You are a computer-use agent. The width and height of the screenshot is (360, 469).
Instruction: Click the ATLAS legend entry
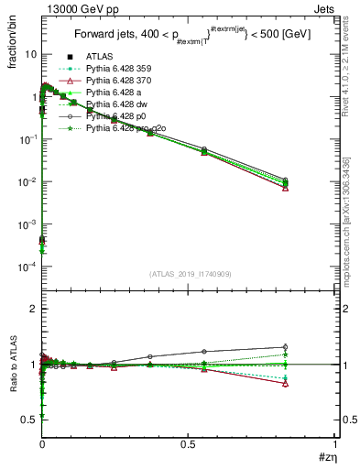100,58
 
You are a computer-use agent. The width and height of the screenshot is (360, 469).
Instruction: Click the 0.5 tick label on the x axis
189,444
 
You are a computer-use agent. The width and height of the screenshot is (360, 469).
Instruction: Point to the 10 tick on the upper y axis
30,54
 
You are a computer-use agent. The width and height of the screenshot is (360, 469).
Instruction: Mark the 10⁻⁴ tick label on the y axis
28,267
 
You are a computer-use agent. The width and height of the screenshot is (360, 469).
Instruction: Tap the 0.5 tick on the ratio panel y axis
29,420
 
